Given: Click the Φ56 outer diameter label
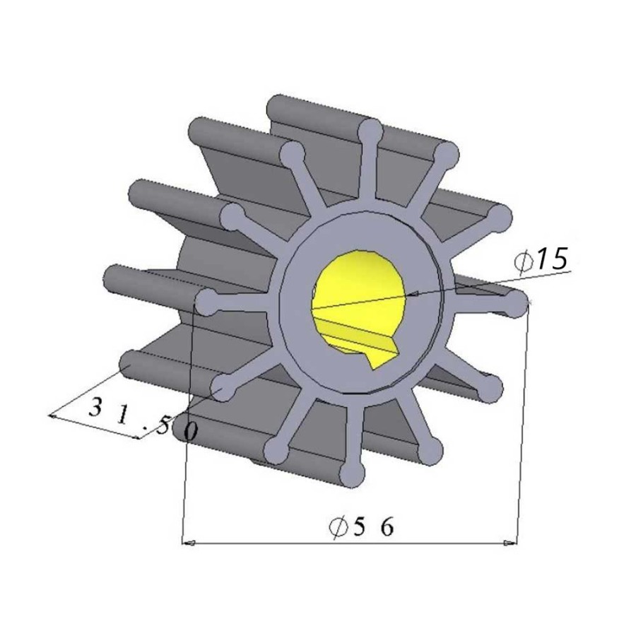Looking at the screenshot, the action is [x=361, y=527].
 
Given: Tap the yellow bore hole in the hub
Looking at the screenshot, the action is [x=358, y=300].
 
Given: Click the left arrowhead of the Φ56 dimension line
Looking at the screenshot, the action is [x=189, y=543].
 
